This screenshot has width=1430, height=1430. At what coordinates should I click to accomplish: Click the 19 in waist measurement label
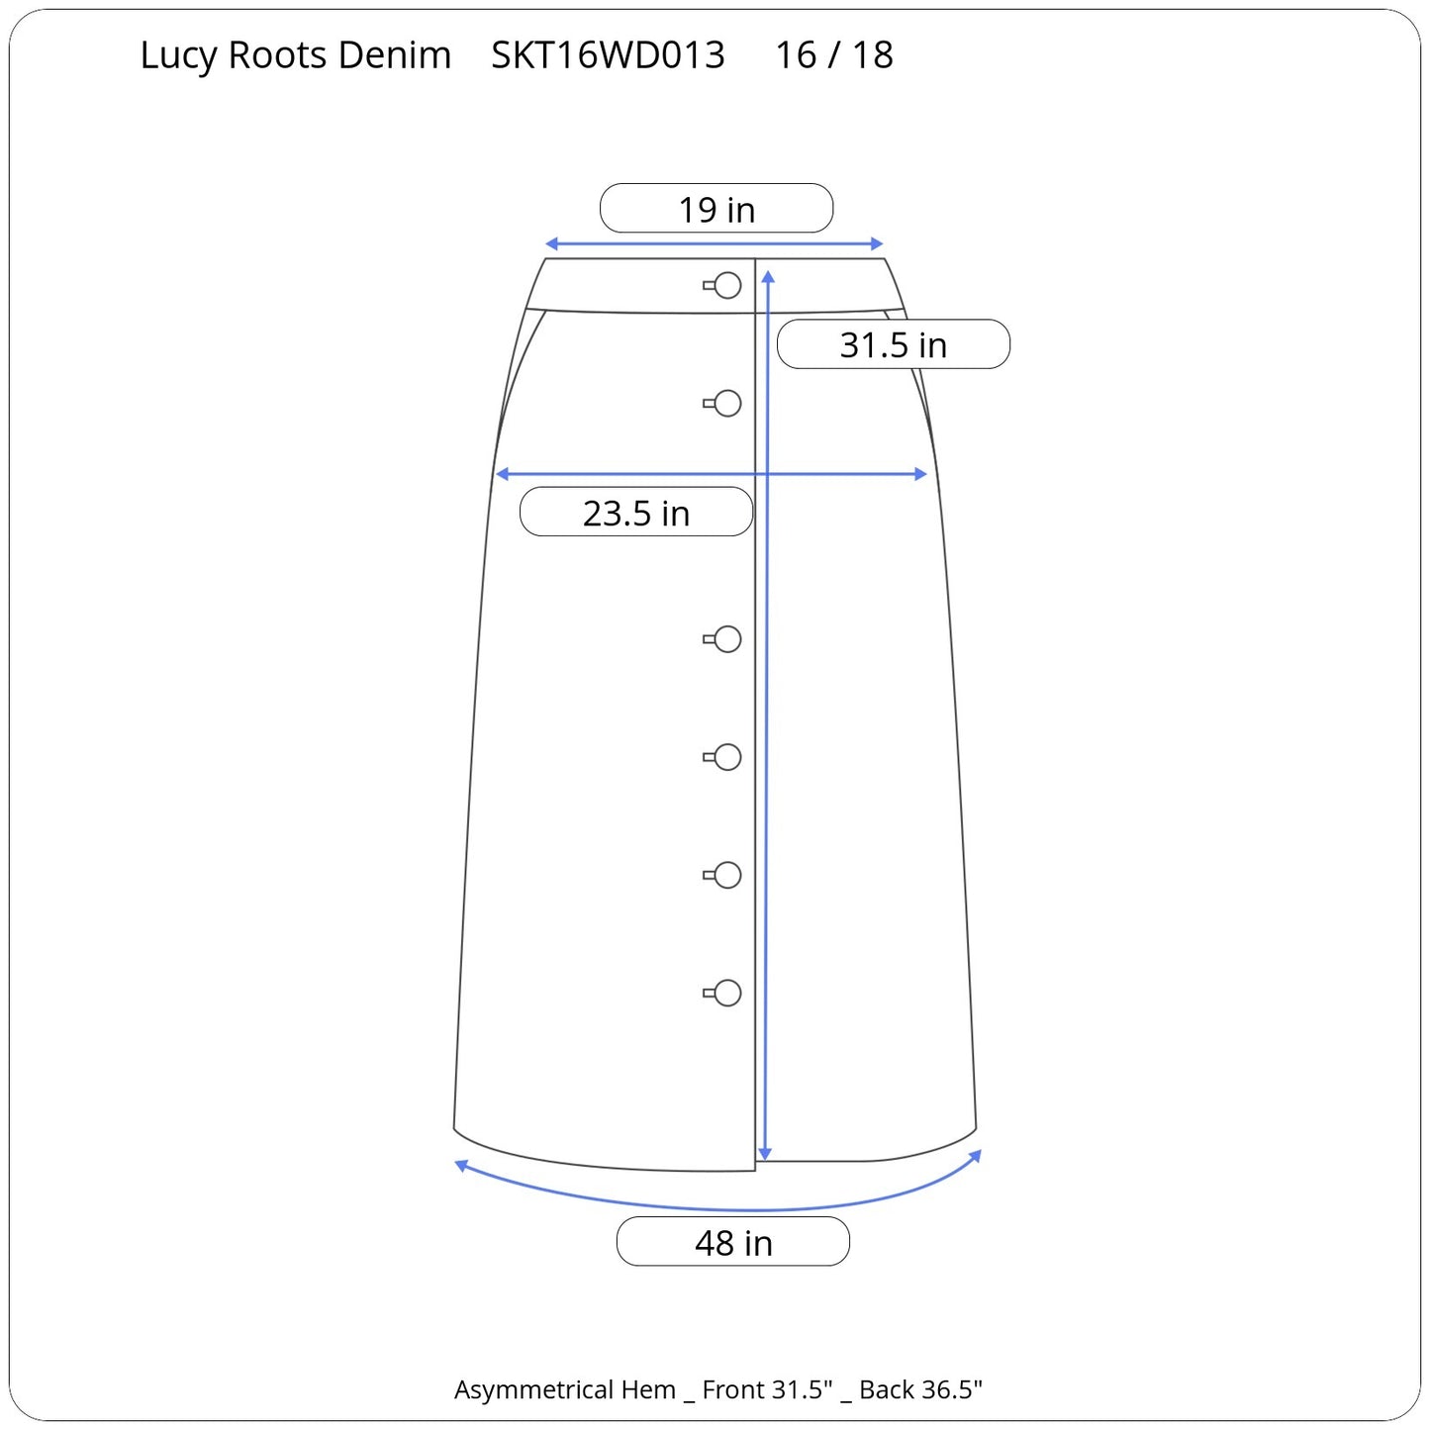click(716, 209)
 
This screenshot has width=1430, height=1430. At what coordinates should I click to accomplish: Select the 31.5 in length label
click(893, 344)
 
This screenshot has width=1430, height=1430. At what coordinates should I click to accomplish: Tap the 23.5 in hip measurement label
click(636, 512)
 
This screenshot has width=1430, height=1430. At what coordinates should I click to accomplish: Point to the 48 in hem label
click(733, 1242)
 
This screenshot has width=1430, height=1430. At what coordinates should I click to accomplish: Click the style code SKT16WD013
click(608, 54)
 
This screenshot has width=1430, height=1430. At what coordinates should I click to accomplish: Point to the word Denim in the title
click(395, 54)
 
